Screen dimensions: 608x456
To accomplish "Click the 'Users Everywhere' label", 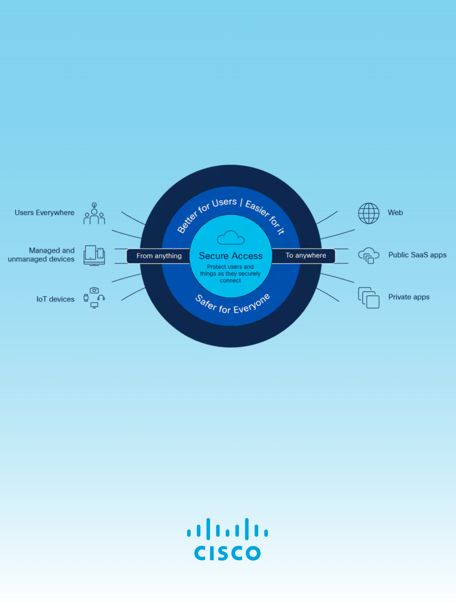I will pos(44,213).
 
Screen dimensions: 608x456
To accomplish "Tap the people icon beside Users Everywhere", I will pos(94,214).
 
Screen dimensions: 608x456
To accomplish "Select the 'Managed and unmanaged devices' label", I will pos(41,255).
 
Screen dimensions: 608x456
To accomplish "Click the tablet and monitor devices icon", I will pos(94,255).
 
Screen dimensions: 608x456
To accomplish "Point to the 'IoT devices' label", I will pos(55,299).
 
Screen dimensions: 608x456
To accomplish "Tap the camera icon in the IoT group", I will pos(94,290).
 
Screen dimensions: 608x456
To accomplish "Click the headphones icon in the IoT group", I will pos(101,297).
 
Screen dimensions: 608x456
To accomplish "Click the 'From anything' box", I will pos(159,256).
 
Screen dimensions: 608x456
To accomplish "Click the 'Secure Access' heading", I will pos(231,256).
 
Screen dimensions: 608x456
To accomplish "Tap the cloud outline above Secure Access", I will pos(230,238).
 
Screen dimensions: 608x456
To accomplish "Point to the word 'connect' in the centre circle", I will pos(230,281).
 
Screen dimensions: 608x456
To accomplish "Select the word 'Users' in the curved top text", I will pos(224,203).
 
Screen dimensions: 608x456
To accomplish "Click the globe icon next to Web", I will pos(369,213).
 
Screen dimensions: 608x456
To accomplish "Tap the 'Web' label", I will pos(395,213).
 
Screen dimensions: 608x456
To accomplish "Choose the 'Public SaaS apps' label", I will pos(417,255).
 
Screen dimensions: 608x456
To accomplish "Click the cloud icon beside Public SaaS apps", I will pos(368,255).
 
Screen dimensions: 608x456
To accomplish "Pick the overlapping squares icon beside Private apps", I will pos(369,298).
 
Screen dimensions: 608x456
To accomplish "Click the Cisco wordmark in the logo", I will pos(227,553).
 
